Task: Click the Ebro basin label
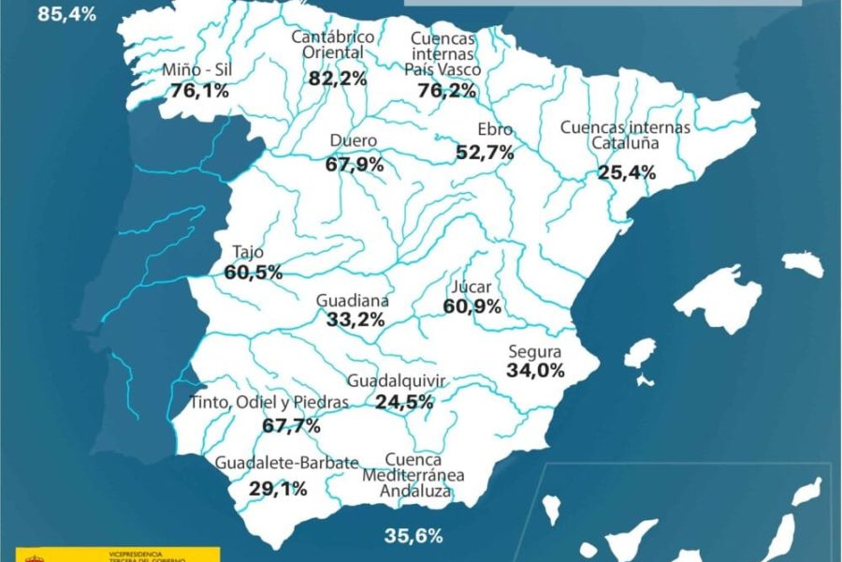point(495,129)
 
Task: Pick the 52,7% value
point(486,151)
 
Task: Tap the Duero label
point(354,141)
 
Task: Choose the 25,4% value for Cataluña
point(627,172)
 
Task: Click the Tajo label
point(248,252)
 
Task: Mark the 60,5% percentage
point(254,273)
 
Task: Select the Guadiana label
point(353,302)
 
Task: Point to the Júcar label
point(472,287)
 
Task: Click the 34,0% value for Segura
point(536,370)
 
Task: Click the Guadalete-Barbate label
point(286,463)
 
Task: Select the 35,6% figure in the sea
point(414,536)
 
